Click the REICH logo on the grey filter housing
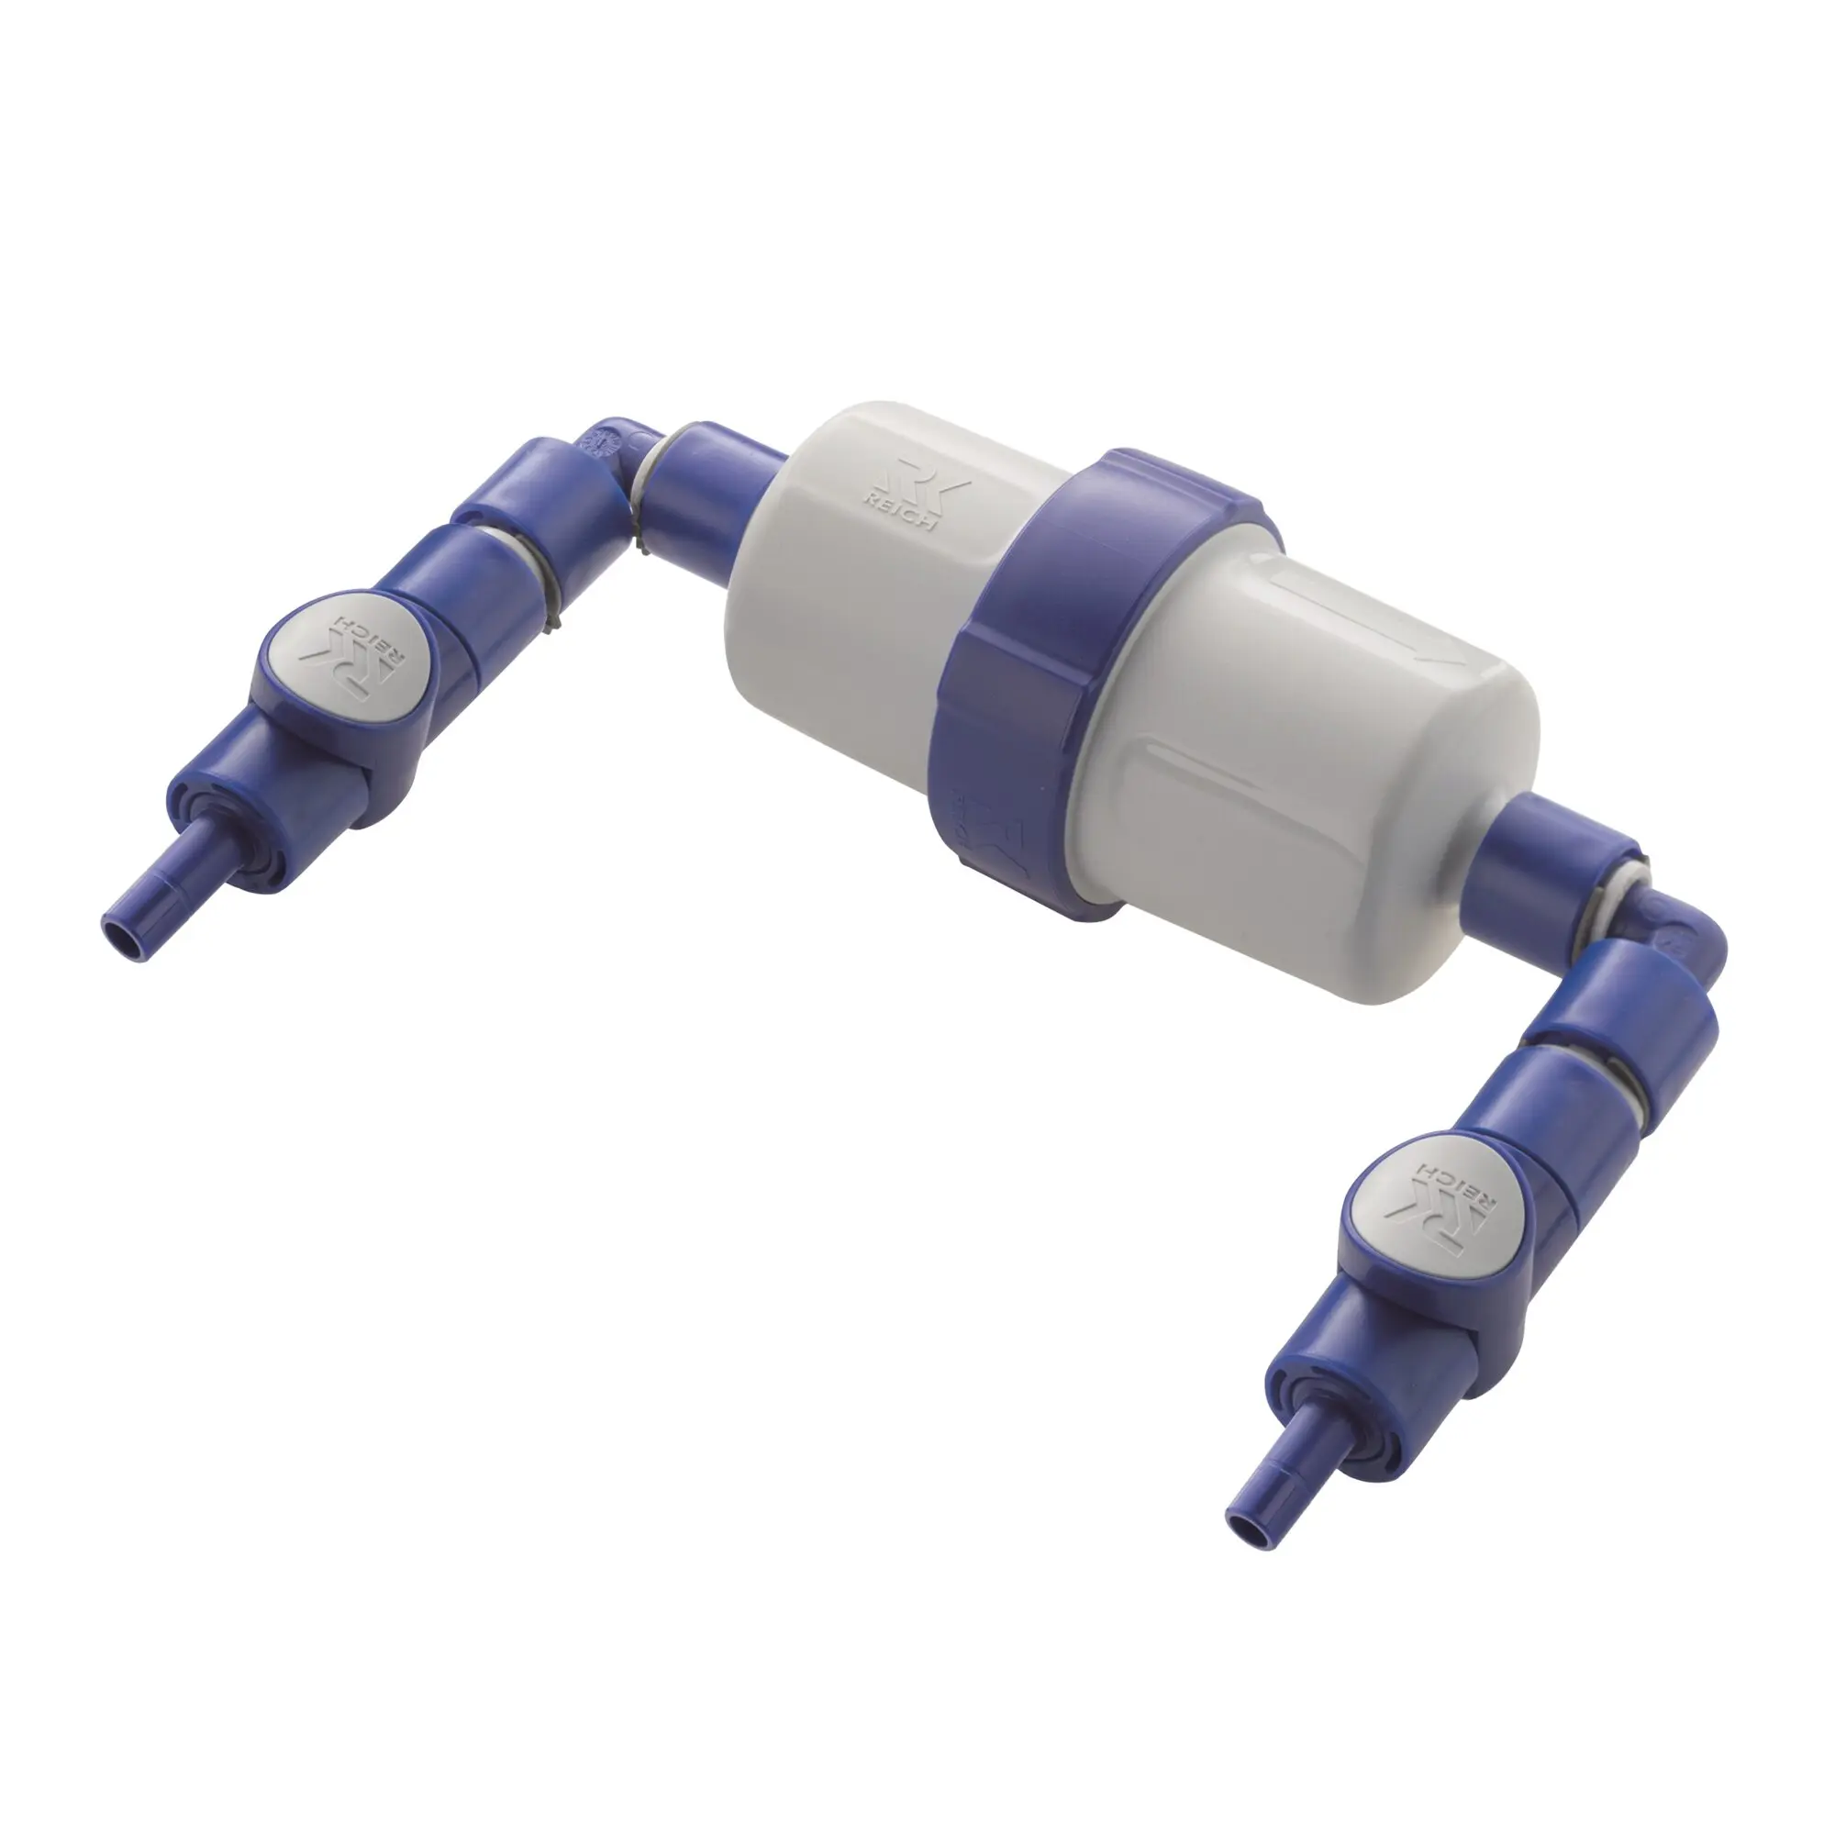coord(913,496)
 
